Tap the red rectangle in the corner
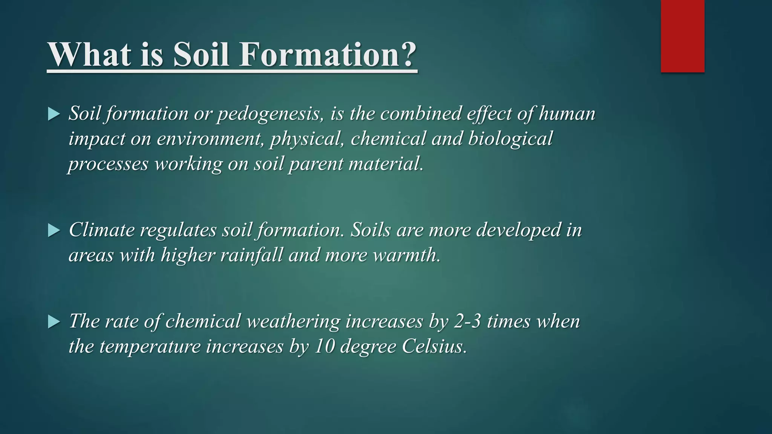(682, 36)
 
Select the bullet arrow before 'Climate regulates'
(54, 231)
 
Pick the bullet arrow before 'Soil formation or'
(54, 114)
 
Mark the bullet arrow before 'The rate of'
(54, 322)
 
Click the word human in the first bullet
(567, 113)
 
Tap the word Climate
(101, 230)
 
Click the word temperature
(150, 347)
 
